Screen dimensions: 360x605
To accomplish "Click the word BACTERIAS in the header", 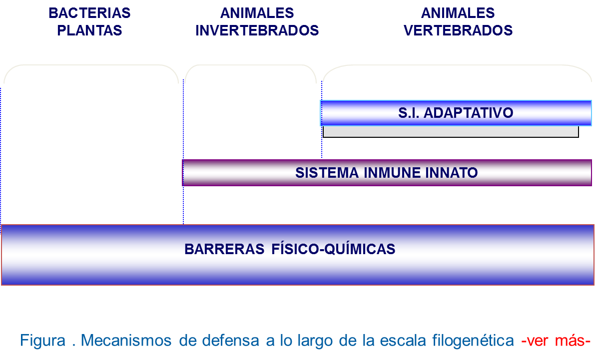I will click(x=89, y=13).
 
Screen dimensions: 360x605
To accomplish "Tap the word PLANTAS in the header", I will click(x=89, y=30).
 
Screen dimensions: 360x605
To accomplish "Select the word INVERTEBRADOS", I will click(x=257, y=30).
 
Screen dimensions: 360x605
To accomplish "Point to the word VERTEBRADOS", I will click(x=458, y=30).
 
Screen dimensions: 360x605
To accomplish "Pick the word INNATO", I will click(x=454, y=173).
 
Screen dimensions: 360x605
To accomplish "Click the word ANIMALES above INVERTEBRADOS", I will click(x=257, y=13).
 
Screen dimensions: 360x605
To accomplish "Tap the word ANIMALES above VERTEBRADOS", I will click(x=458, y=13).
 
